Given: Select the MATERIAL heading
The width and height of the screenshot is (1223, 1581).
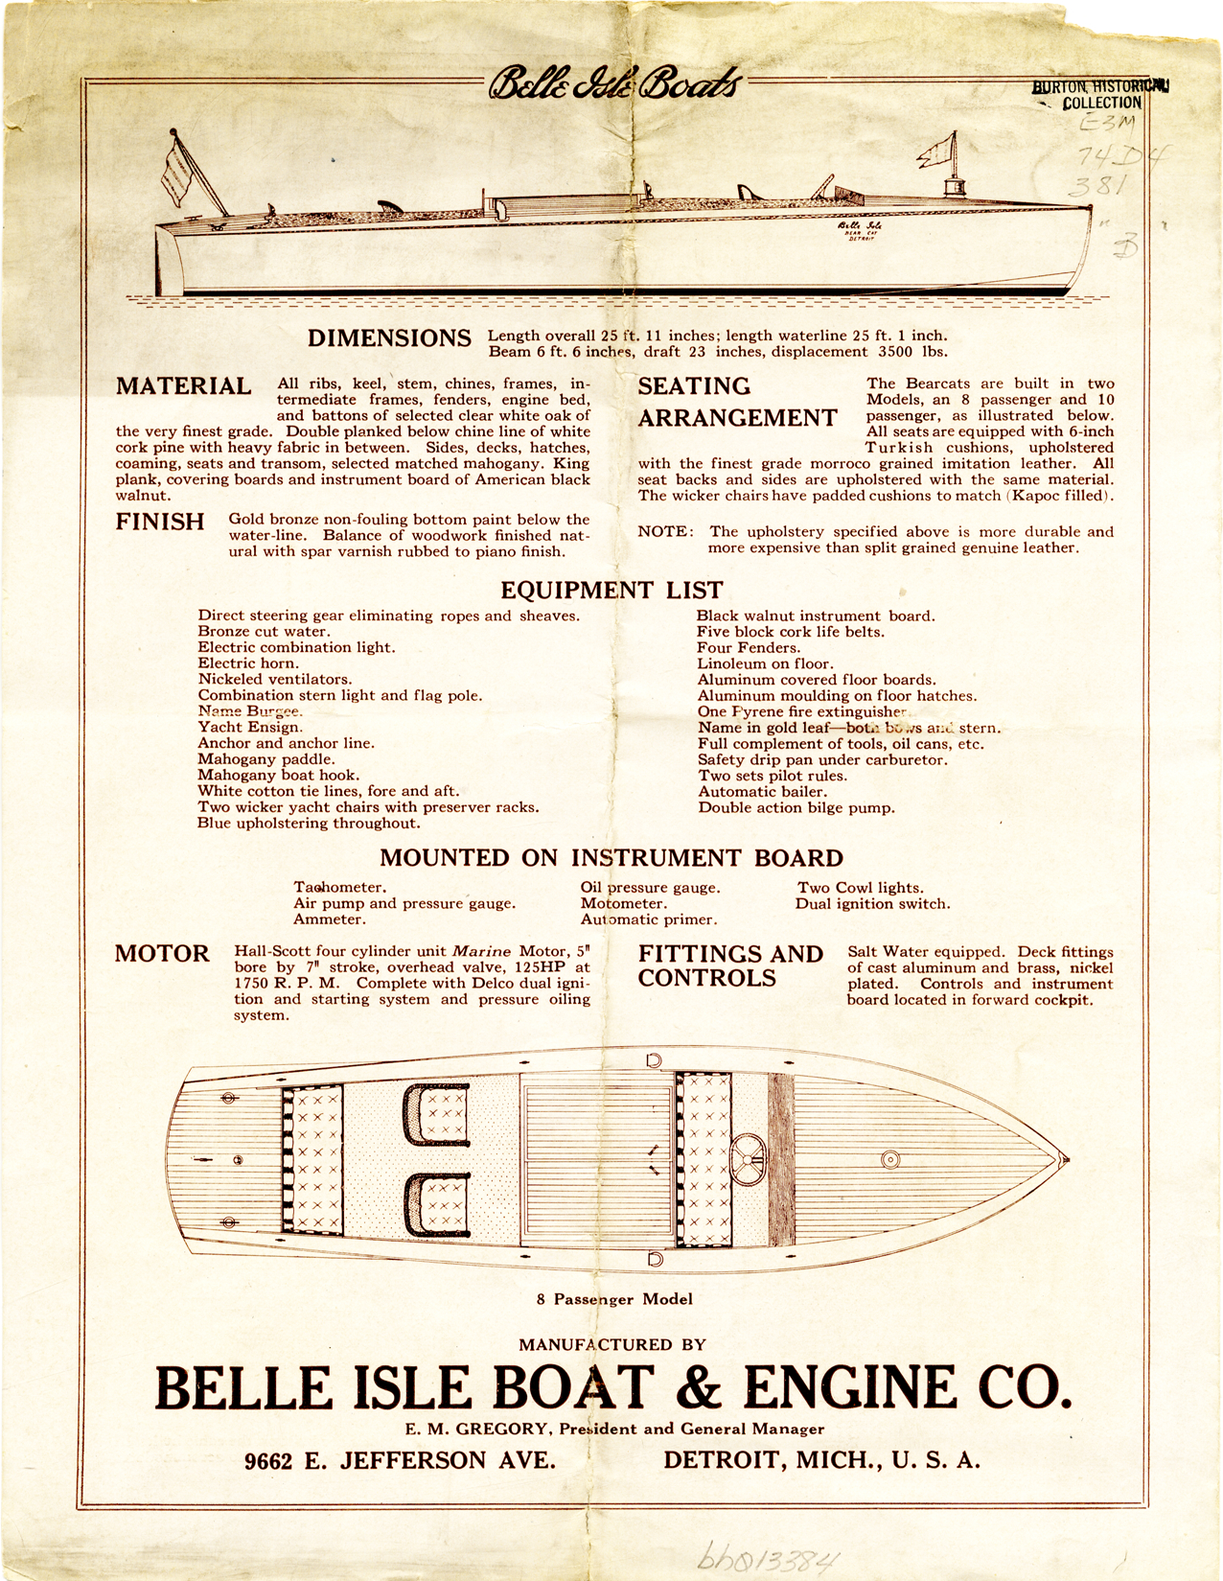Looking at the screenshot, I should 184,386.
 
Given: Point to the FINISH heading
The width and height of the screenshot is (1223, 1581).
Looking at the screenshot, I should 160,523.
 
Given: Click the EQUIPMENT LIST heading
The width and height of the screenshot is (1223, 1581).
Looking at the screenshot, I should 611,591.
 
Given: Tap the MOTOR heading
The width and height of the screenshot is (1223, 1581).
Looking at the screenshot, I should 162,954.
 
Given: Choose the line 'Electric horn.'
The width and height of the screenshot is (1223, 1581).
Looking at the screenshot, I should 248,663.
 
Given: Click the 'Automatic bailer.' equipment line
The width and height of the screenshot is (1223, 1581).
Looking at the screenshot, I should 762,792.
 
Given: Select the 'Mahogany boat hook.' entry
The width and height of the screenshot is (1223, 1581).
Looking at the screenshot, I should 278,776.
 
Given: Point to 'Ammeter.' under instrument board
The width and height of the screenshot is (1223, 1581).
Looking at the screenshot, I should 329,919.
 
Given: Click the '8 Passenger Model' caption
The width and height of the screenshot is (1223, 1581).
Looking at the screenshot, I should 614,1299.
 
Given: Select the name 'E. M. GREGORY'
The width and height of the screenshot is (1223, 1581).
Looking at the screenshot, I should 475,1429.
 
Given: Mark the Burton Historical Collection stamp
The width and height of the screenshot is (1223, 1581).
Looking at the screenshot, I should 1100,94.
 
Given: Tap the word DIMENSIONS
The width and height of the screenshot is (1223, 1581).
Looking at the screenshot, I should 389,338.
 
